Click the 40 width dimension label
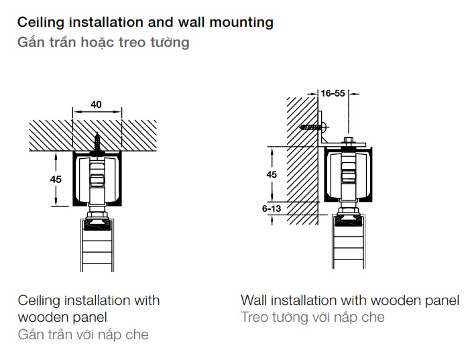coord(96,105)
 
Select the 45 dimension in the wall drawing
coord(271,174)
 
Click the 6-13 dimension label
coord(272,209)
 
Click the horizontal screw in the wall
coord(312,126)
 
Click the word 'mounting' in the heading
coord(241,22)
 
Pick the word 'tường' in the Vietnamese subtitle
coord(171,43)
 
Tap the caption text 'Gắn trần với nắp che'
coord(83,334)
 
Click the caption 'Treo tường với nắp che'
coord(312,317)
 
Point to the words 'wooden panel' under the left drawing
coord(62,316)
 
